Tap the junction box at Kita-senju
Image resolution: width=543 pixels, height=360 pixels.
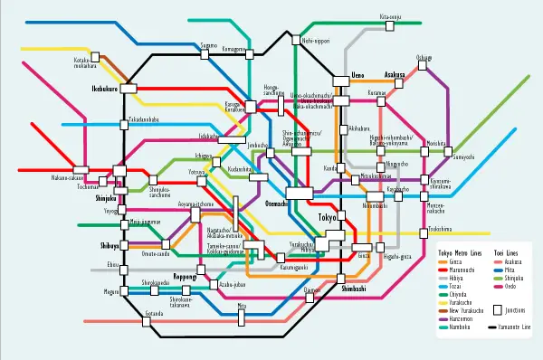[386, 25]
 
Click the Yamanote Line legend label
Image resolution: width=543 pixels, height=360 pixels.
[520, 327]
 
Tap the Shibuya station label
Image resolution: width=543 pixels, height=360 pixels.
[110, 245]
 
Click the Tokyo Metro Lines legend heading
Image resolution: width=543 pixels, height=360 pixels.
[460, 252]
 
